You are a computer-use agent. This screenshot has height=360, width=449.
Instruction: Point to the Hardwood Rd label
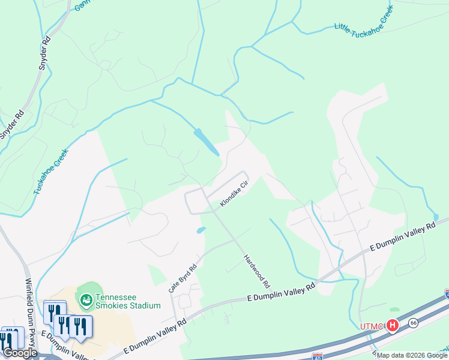[x=257, y=269]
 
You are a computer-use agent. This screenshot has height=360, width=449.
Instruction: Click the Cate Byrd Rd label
[x=182, y=279]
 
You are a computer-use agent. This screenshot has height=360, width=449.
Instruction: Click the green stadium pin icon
[x=86, y=298]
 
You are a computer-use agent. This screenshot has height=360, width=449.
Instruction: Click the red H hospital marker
[x=393, y=326]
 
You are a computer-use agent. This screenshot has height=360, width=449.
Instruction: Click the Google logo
[x=20, y=353]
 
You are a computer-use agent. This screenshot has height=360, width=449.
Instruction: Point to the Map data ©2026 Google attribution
[x=412, y=355]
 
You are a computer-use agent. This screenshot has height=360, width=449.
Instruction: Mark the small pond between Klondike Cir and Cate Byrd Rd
[x=200, y=230]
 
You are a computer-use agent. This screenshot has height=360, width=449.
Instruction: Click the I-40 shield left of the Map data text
[x=318, y=357]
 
